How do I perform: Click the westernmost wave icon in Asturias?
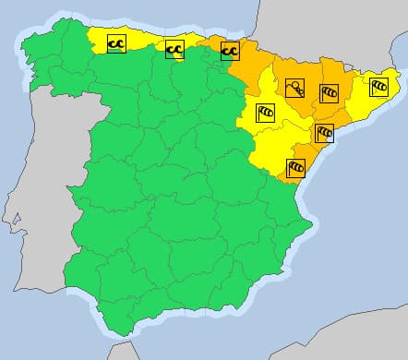click(x=116, y=42)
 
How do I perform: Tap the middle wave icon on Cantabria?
click(x=174, y=49)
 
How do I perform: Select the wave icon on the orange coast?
click(x=229, y=49)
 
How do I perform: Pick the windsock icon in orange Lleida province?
click(x=329, y=92)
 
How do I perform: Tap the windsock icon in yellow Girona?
click(x=378, y=87)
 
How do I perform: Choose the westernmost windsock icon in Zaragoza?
click(x=265, y=112)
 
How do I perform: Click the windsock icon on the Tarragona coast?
click(x=324, y=133)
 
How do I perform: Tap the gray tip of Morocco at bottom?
click(x=120, y=352)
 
